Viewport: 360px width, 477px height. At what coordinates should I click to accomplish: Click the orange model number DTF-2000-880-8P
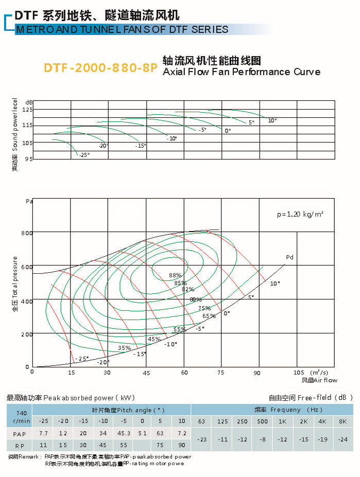[x=100, y=68]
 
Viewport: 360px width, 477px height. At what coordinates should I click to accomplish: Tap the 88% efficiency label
[x=175, y=275]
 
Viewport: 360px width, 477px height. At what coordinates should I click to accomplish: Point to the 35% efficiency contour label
[x=125, y=348]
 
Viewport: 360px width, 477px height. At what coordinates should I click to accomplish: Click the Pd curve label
[x=289, y=257]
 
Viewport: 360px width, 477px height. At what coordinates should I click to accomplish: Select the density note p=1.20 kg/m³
[x=300, y=214]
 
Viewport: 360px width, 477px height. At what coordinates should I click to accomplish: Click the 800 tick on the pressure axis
[x=27, y=233]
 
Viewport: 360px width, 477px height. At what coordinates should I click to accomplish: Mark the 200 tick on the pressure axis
[x=27, y=334]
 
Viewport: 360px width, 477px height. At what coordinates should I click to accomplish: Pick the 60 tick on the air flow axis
[x=184, y=372]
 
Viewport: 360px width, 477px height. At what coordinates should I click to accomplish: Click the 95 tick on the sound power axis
[x=29, y=159]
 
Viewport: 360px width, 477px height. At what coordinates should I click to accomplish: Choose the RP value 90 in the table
[x=181, y=445]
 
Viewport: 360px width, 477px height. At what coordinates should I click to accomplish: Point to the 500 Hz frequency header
[x=262, y=422]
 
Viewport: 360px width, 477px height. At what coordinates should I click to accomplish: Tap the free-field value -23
[x=201, y=439]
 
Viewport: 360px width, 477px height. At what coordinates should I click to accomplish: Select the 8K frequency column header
[x=343, y=422]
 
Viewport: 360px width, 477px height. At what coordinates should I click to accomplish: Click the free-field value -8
[x=262, y=439]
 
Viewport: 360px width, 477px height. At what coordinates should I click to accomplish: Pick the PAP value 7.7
[x=43, y=434]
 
